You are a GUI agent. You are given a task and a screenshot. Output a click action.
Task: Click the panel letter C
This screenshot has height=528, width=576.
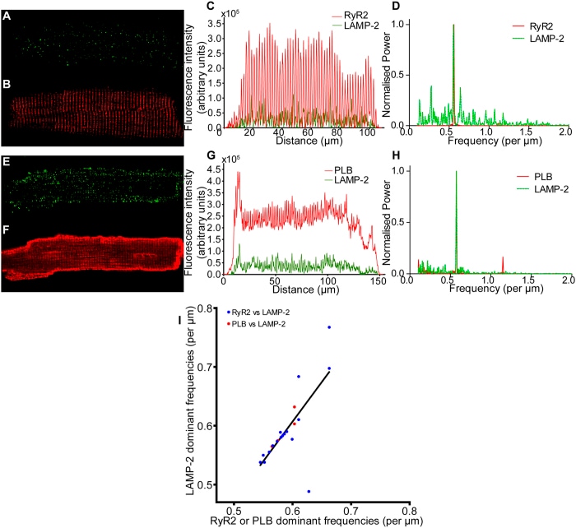(211, 6)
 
